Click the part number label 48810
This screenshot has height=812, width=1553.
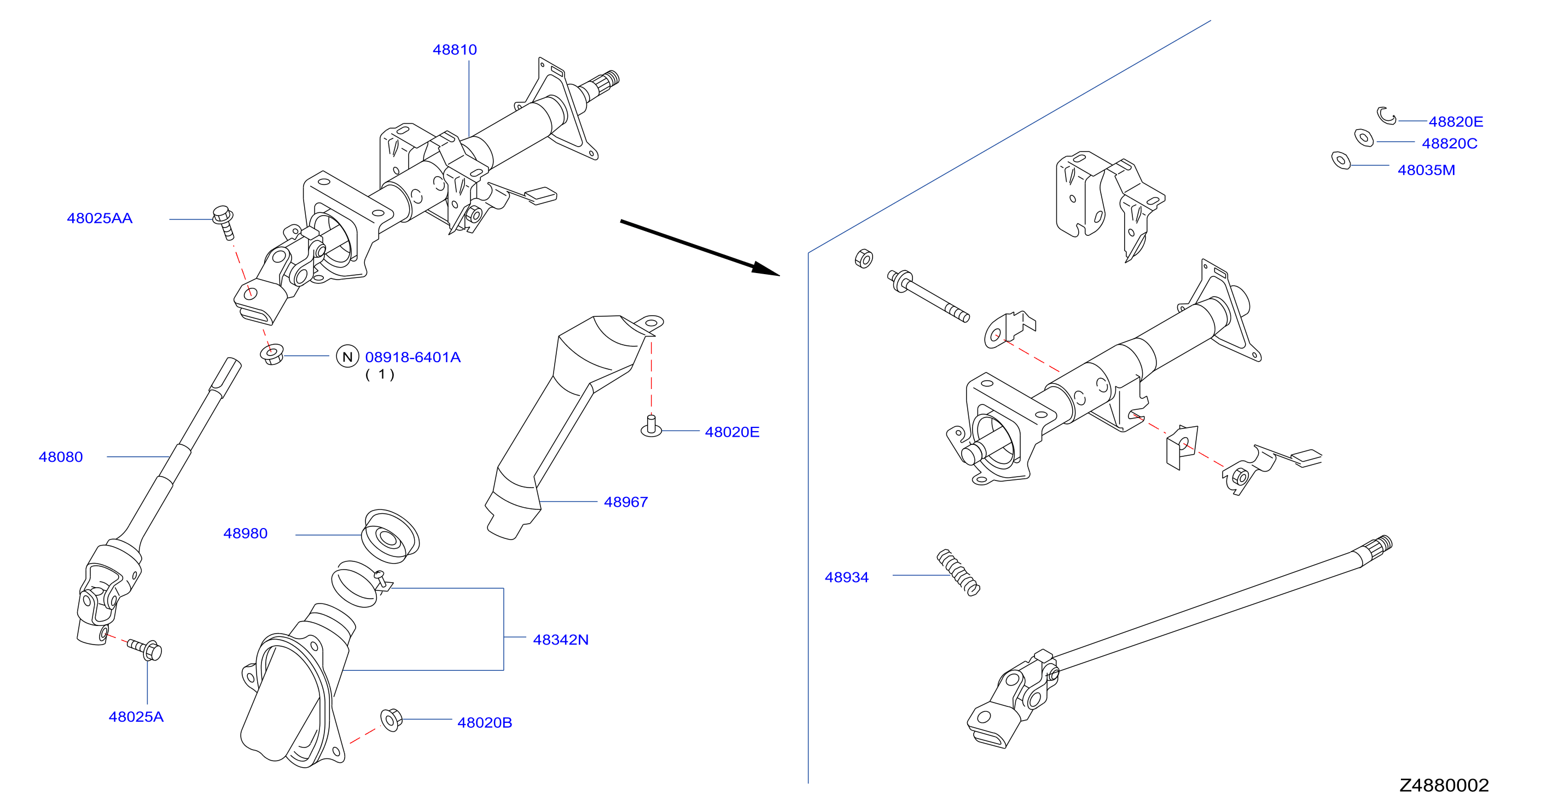455,49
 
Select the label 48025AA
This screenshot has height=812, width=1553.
100,218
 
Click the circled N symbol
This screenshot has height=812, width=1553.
347,357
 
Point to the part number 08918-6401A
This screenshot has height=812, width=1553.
413,357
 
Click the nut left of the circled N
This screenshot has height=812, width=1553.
272,354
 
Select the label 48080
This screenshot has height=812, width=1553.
61,457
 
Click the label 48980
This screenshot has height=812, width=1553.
246,533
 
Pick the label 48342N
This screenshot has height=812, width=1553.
561,640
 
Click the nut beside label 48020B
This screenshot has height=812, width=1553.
391,719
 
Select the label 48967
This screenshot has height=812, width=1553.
626,502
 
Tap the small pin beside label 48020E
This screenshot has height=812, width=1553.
651,426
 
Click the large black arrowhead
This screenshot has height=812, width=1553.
766,269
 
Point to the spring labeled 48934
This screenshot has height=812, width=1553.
958,573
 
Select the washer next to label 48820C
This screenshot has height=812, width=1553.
1364,137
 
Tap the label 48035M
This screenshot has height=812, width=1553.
1427,170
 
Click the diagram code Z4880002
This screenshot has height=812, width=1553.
1445,786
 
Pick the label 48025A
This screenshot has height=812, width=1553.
136,717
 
